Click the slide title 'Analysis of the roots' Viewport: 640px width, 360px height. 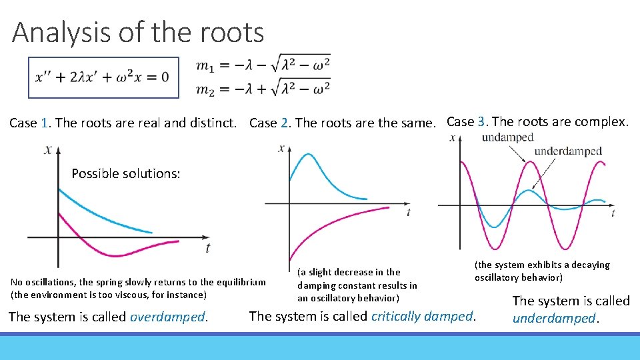(138, 32)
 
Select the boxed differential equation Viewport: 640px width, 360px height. (103, 77)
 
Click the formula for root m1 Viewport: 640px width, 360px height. (263, 65)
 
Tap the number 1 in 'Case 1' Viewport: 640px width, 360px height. (44, 123)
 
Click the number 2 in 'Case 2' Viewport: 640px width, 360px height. (285, 123)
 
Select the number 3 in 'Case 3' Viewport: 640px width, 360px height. (481, 121)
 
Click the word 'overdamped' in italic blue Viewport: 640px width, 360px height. (168, 317)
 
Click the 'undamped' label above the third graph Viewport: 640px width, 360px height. (507, 137)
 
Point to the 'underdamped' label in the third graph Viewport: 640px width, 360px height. (568, 151)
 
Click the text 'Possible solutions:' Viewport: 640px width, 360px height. (126, 173)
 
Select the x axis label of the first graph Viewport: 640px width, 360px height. (48, 150)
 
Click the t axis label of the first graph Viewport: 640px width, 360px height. (208, 247)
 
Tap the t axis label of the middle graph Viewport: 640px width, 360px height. (408, 212)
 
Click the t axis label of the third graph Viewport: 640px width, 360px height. (613, 213)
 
